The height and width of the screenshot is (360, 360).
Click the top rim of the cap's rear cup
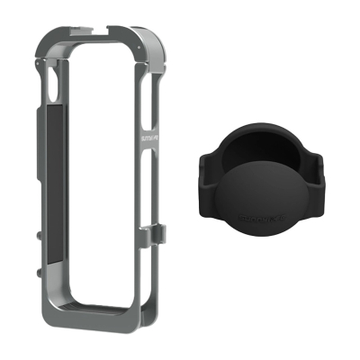(261, 136)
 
